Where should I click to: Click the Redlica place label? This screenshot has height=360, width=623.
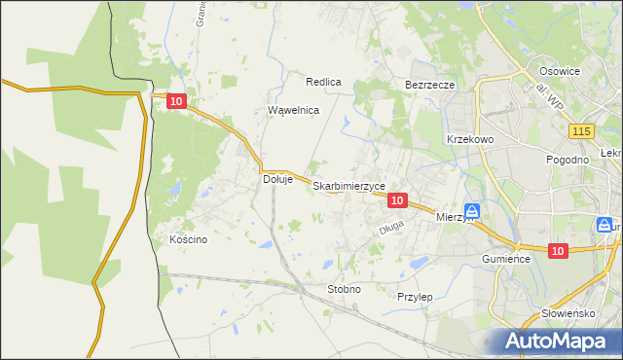point(323,83)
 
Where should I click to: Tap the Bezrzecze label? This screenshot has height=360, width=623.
point(430,86)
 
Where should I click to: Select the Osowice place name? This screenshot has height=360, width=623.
point(559,71)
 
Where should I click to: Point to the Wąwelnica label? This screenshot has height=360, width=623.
point(293,111)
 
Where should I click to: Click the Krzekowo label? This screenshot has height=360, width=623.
point(471,139)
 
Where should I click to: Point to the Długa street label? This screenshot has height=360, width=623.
point(390,231)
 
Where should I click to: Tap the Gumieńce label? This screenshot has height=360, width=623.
point(504,260)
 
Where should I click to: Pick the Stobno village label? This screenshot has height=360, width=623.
point(344,289)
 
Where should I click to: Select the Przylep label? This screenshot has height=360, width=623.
point(415,296)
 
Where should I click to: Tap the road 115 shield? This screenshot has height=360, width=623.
point(583,131)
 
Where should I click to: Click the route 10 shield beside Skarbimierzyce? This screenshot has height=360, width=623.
point(396,199)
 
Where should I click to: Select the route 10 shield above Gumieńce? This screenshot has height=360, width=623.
point(557,250)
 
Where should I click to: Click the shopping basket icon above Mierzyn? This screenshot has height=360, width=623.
point(472,210)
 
